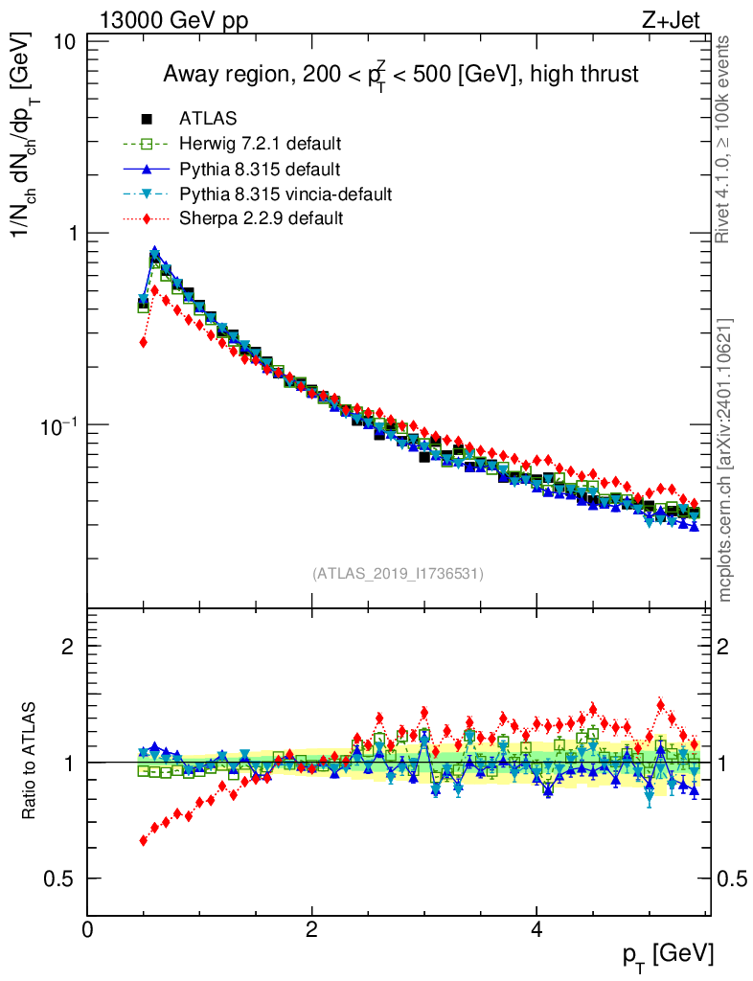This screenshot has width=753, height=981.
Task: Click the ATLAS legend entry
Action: tap(208, 119)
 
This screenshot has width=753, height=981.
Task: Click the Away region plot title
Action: tap(400, 75)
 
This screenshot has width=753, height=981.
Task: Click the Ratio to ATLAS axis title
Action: tap(31, 762)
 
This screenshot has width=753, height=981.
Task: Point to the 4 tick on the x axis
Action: tap(536, 929)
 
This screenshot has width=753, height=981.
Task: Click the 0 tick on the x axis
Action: tap(88, 929)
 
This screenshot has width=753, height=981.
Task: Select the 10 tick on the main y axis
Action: tap(65, 42)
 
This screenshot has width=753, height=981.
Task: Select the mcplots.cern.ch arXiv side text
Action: tap(725, 460)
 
